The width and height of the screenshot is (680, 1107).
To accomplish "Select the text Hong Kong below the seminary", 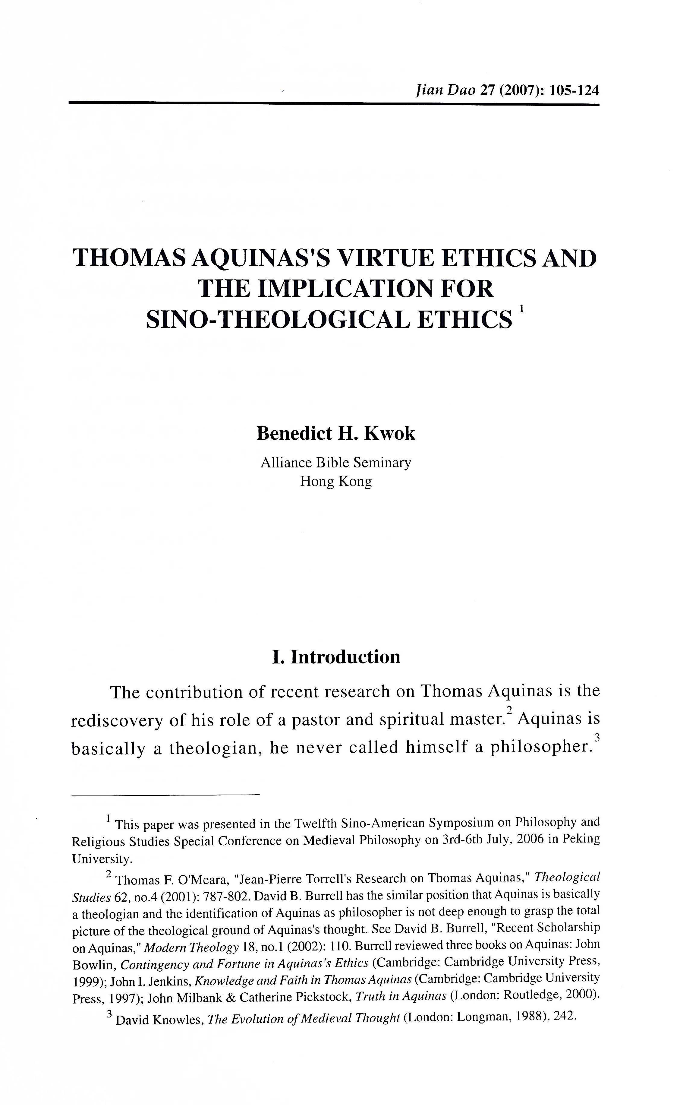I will [x=336, y=482].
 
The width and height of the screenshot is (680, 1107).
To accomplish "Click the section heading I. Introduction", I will [x=336, y=657].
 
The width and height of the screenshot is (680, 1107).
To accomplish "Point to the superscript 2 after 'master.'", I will [x=509, y=710].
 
